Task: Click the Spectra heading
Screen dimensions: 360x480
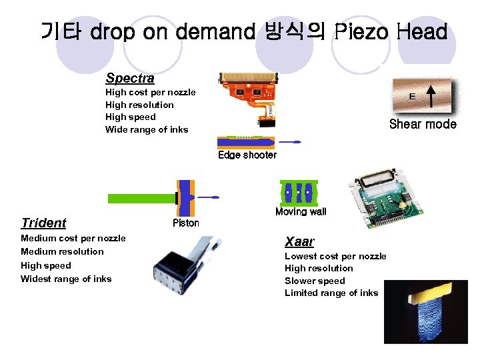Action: (129, 79)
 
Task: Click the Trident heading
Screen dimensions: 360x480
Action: (43, 223)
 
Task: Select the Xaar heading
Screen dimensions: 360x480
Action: (299, 241)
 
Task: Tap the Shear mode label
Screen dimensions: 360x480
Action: (423, 124)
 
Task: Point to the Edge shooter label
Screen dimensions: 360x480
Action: (247, 155)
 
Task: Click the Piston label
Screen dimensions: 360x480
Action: (185, 223)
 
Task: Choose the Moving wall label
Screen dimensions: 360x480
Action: (301, 211)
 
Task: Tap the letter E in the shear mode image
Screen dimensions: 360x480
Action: (412, 97)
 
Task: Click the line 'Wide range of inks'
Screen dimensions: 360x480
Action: (147, 129)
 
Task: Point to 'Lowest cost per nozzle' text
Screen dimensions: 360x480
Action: (335, 256)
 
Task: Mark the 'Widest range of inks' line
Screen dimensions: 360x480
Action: (66, 279)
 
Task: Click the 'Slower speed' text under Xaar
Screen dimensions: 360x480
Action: (315, 281)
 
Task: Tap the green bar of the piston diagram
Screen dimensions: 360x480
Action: (140, 198)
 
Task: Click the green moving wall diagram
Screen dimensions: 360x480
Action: (298, 193)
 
